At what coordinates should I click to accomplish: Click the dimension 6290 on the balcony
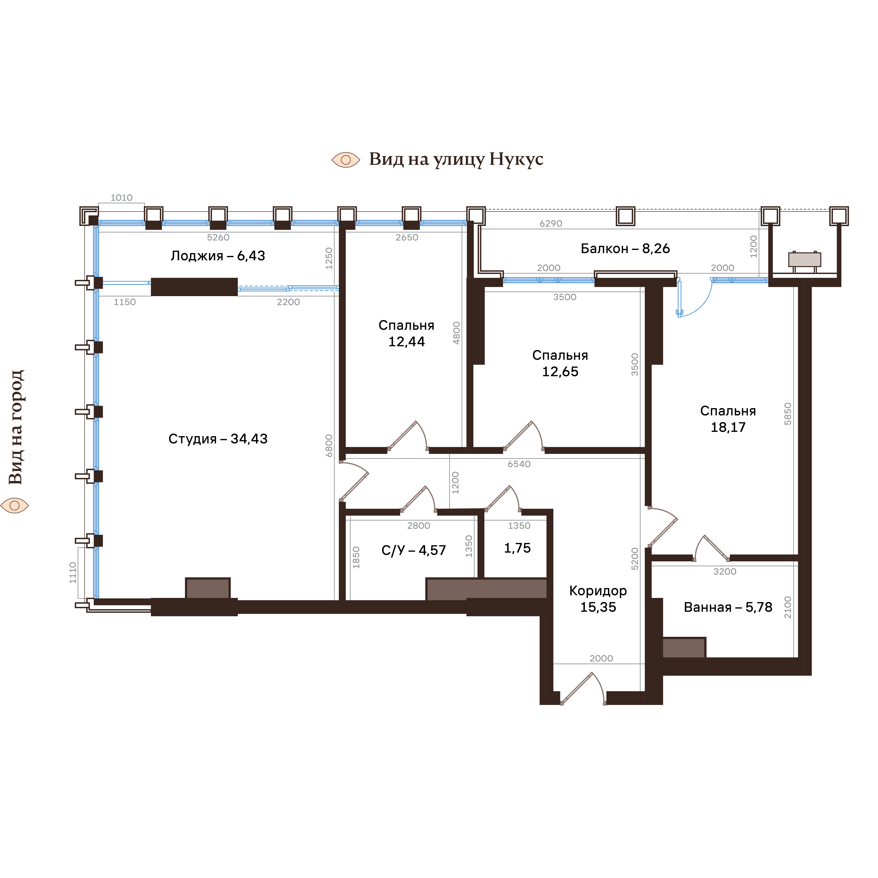551,224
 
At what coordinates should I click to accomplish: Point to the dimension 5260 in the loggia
218,237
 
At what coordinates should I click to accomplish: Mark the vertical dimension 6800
329,445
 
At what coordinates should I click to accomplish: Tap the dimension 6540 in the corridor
519,464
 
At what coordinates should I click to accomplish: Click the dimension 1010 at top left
121,198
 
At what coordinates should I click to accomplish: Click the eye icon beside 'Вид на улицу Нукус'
346,159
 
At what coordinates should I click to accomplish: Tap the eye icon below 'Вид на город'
15,505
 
